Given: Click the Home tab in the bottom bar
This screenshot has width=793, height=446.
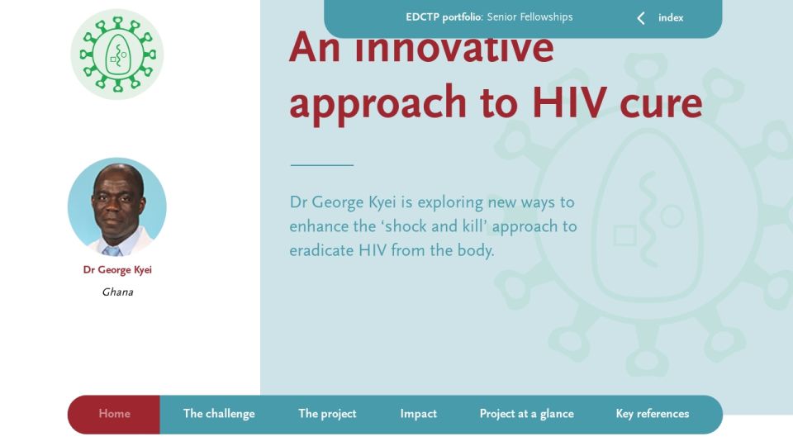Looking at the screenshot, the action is point(114,414).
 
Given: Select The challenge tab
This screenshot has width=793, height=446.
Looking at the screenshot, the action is point(219,414).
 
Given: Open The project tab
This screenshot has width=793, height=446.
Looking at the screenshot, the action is point(327,414).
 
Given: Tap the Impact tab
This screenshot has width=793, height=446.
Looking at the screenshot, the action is point(418,414).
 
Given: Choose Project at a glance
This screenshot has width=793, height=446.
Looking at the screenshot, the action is point(526,414).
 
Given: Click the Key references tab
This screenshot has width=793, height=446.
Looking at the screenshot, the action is point(653,414).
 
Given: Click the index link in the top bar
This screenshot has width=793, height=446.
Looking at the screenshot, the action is point(671,17).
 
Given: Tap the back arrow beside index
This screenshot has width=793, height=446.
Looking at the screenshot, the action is point(641,18).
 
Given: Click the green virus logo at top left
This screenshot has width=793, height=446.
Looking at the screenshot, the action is point(117,55).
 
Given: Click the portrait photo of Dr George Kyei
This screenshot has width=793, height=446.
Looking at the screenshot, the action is point(116,206).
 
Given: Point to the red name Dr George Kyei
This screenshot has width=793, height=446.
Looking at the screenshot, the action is point(117,270).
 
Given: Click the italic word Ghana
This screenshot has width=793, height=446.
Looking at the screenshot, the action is point(117,292).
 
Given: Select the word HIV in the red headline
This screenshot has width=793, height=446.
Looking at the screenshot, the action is point(569,102).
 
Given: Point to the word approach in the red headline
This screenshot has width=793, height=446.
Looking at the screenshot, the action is point(378,105).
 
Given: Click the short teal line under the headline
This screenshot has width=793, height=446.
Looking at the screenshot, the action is point(322,165).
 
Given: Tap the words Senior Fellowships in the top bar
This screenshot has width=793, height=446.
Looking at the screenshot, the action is point(530,17).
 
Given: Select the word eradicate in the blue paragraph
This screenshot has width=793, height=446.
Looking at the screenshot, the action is point(321,250).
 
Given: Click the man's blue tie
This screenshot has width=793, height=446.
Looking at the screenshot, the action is point(112,251).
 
